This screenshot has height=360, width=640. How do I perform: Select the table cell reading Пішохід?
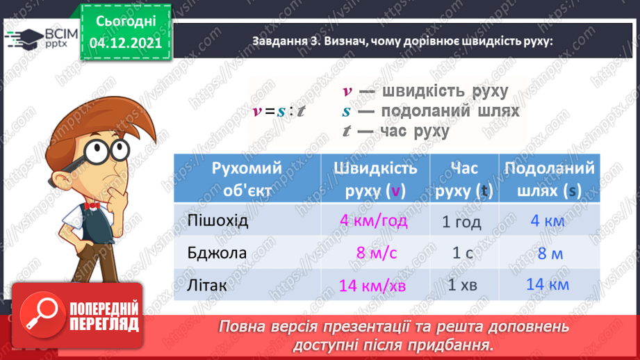point(218,221)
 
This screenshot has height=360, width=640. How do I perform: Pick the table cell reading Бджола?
point(217,252)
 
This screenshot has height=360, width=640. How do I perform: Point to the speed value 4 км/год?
point(374,222)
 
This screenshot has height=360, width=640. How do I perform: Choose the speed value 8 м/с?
point(376,253)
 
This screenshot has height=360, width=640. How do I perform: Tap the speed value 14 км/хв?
point(374,284)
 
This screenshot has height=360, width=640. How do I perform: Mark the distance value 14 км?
point(548,284)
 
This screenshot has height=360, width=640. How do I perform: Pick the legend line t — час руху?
point(396,131)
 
